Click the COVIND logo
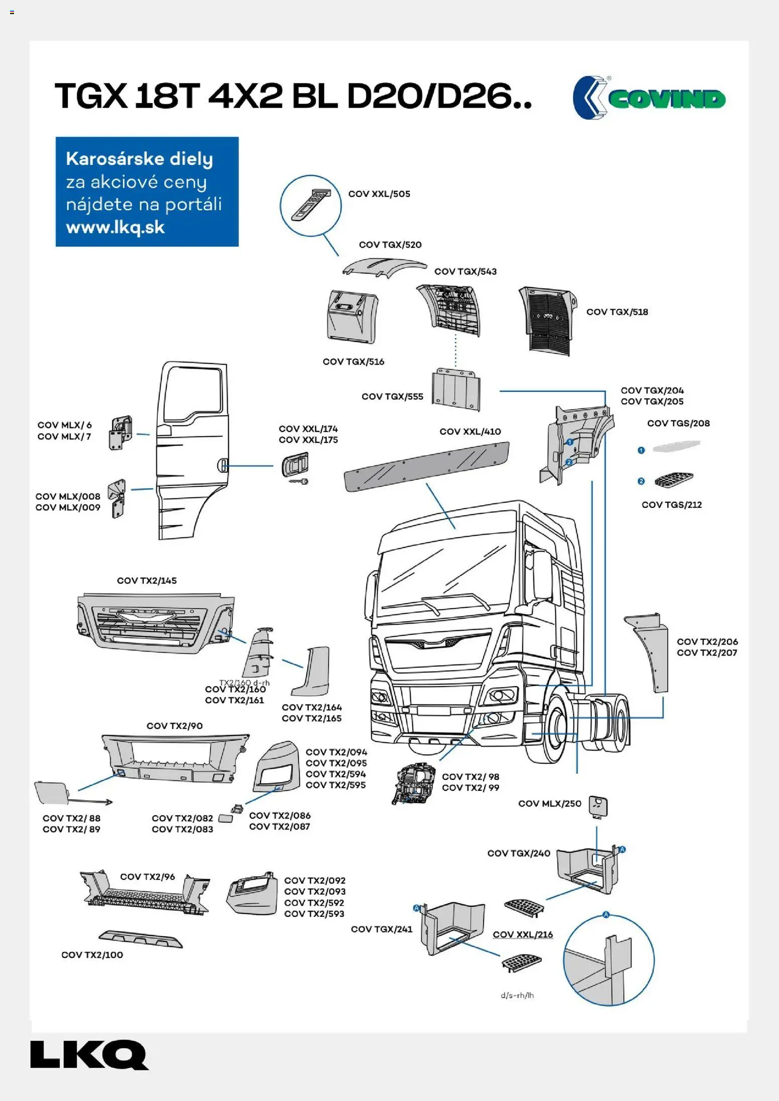(x=649, y=98)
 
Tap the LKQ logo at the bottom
(x=89, y=1055)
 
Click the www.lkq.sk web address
(x=115, y=227)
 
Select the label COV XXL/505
(x=379, y=194)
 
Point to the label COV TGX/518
(x=617, y=312)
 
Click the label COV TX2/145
(x=147, y=581)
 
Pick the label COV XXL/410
(x=470, y=432)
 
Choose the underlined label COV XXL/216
(x=523, y=935)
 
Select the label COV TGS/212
(x=671, y=505)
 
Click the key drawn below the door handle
(x=298, y=482)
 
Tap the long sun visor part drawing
(x=426, y=466)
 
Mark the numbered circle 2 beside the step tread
(x=641, y=482)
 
